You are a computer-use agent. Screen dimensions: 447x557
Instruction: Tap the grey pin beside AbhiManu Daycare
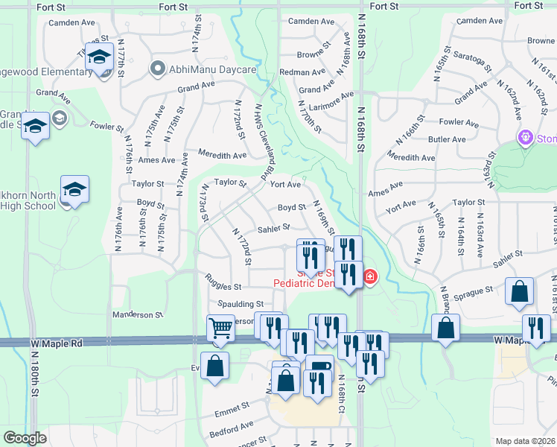pos(157,69)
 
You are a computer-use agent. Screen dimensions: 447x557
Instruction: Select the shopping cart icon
pos(220,329)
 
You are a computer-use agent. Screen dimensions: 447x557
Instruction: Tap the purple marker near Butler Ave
pos(526,138)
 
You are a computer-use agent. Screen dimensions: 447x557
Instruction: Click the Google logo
pos(25,438)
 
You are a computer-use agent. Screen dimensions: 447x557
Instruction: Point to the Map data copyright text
pos(526,441)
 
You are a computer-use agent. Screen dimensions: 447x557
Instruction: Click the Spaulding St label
pos(241,304)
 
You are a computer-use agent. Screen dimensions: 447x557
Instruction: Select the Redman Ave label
pos(302,72)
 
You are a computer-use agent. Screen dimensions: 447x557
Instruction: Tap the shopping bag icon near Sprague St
pos(519,291)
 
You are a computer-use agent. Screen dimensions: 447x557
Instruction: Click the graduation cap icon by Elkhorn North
pos(74,191)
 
